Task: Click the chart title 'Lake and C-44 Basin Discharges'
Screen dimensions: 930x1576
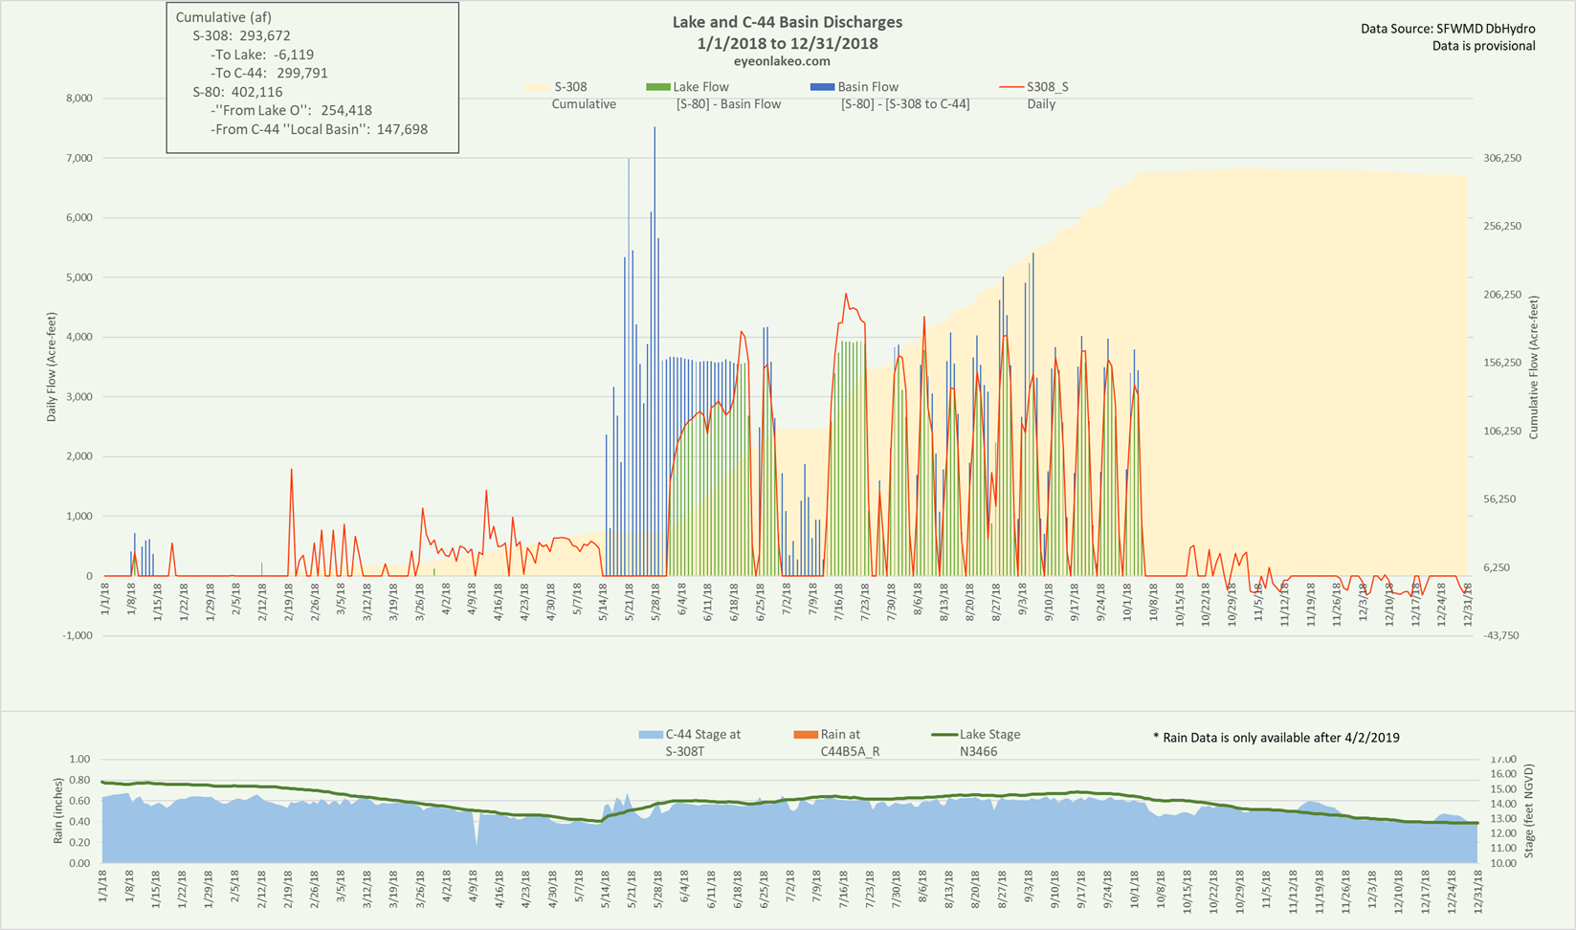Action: pyautogui.click(x=787, y=22)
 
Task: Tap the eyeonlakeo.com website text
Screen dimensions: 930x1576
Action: pyautogui.click(x=788, y=61)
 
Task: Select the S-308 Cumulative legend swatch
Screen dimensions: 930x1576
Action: pyautogui.click(x=539, y=87)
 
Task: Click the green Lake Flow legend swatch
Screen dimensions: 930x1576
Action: pyautogui.click(x=658, y=87)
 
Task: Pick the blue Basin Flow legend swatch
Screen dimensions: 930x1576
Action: pyautogui.click(x=823, y=87)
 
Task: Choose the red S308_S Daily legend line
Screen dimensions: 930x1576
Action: pyautogui.click(x=1011, y=87)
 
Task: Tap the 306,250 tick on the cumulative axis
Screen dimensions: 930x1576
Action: pyautogui.click(x=1501, y=159)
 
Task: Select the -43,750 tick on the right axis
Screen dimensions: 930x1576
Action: pyautogui.click(x=1501, y=636)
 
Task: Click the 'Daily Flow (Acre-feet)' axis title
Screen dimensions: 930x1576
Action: pyautogui.click(x=52, y=367)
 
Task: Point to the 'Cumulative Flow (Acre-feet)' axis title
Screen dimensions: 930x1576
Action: pyautogui.click(x=1533, y=367)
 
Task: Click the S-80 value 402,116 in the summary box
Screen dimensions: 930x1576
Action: pyautogui.click(x=256, y=92)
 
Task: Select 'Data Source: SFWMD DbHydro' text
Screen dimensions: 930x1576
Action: pyautogui.click(x=1448, y=30)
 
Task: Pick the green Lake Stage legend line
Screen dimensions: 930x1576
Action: pyautogui.click(x=944, y=735)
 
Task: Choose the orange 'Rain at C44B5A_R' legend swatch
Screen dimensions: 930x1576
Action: pyautogui.click(x=806, y=735)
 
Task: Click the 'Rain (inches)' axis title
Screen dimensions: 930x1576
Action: pyautogui.click(x=58, y=811)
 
